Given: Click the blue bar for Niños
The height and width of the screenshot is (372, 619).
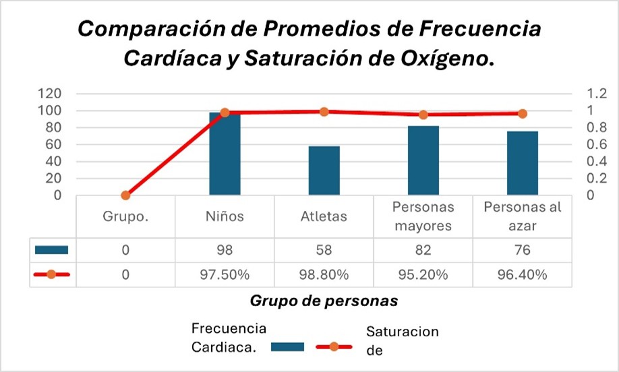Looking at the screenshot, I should [225, 155].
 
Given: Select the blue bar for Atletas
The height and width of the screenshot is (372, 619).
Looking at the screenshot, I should [324, 171].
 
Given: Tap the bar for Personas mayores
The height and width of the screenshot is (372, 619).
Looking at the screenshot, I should [423, 161].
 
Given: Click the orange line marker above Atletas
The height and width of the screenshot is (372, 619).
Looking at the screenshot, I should [324, 112].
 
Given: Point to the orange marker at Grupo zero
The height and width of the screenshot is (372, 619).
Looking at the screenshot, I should [125, 195].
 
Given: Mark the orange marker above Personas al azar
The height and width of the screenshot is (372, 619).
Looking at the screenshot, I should [522, 114].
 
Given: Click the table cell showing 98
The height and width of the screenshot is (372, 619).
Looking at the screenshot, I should [225, 250].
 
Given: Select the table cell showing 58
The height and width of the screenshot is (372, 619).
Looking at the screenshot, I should [324, 250].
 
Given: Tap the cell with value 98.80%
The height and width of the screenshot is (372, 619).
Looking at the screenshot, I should [324, 274].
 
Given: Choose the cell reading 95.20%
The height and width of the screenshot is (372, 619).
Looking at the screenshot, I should [423, 274].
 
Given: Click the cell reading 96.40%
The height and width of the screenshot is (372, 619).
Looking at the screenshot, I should [522, 274].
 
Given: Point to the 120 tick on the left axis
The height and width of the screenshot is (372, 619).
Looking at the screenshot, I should [51, 94].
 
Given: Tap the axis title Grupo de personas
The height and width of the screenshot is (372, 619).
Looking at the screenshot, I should [324, 301].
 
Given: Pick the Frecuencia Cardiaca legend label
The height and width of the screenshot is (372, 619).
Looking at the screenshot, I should [229, 338].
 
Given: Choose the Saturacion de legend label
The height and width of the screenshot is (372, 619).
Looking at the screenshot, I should [402, 340].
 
